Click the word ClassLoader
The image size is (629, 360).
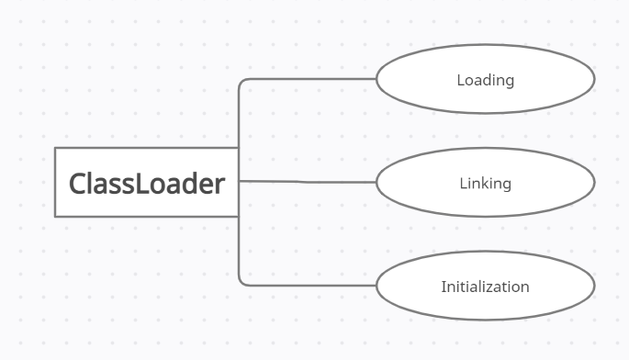[147, 184]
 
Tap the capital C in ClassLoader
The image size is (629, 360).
[78, 184]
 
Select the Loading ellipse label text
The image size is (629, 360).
[485, 80]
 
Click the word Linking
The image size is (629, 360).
[485, 184]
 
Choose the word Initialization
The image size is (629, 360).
[485, 287]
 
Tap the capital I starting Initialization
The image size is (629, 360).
[444, 287]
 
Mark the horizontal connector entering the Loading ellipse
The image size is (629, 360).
[312, 79]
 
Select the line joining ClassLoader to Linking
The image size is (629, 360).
[308, 182]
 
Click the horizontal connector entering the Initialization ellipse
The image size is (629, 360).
[312, 285]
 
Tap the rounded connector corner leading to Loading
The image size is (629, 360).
[241, 82]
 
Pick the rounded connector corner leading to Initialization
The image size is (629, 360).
[241, 282]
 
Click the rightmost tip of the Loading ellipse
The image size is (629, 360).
[594, 79]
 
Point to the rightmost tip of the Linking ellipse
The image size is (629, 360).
[594, 182]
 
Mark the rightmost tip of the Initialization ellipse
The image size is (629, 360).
[594, 286]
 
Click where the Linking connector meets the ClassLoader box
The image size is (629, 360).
[239, 181]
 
